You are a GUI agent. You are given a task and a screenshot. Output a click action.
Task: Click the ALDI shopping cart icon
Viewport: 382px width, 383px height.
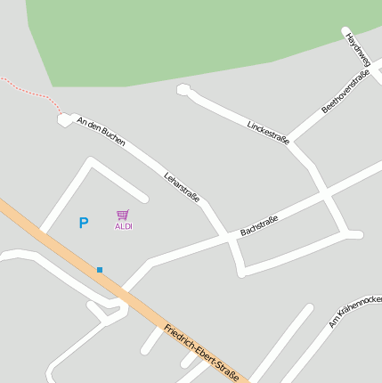point(123,215)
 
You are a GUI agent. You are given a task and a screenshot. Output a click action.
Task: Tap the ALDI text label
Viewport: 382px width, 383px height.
point(123,226)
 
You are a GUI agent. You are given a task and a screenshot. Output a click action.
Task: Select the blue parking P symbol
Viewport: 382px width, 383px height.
point(84,223)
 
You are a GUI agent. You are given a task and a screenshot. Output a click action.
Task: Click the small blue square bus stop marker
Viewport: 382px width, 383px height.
point(100,269)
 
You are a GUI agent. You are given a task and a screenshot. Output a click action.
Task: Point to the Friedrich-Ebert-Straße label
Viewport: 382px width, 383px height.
point(201,354)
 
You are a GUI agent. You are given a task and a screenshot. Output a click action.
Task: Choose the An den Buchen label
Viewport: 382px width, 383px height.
point(101,131)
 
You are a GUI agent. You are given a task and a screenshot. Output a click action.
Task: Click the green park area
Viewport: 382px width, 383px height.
point(178,40)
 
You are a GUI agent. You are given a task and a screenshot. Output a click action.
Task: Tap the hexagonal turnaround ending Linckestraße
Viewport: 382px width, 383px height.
point(183,89)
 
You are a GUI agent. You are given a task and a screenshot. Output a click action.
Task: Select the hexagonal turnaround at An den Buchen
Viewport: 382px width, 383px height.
point(64,119)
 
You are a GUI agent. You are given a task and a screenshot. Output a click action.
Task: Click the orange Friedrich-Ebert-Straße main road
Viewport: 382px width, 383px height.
point(53,240)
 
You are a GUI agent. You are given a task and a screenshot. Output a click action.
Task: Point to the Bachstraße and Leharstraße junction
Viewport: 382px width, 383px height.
point(229,240)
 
